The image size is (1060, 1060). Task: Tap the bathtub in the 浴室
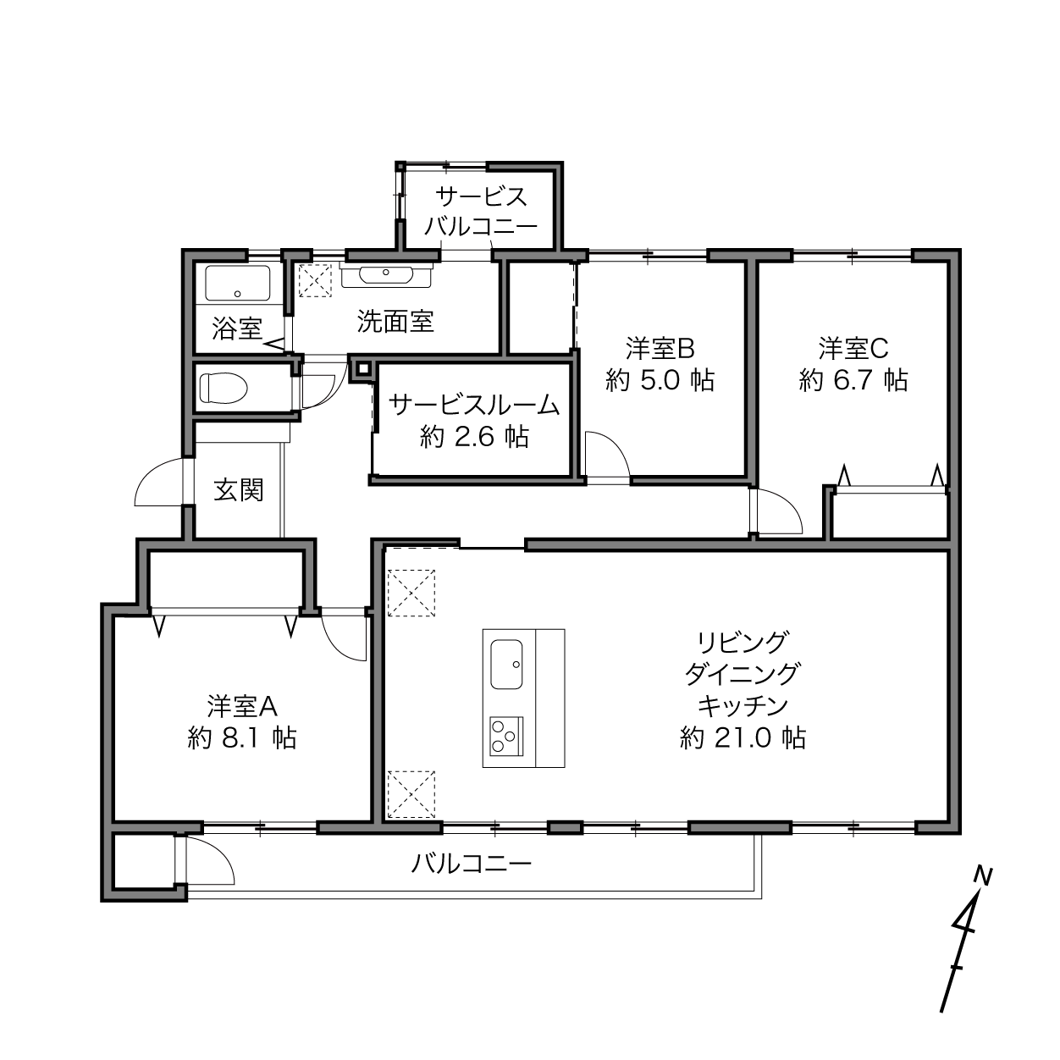[238, 283]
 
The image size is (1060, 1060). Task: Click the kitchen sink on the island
[506, 664]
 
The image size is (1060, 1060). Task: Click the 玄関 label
[239, 489]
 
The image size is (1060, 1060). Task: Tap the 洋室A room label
[242, 707]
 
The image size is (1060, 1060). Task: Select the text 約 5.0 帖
[660, 380]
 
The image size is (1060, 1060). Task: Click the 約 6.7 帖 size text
[853, 380]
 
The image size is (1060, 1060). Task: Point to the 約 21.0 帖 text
[743, 737]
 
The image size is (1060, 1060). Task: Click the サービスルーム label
[474, 406]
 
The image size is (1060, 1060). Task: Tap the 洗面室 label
[395, 321]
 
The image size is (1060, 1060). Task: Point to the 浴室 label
[236, 329]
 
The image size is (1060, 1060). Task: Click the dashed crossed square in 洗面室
[315, 280]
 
